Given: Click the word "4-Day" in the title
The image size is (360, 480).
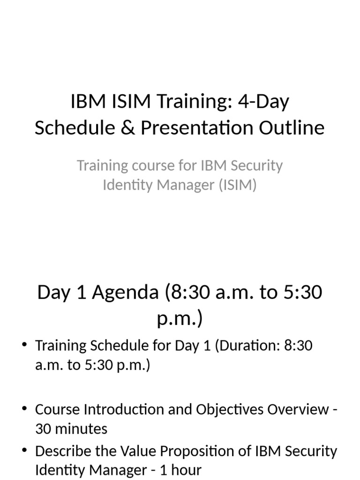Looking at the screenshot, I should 264,102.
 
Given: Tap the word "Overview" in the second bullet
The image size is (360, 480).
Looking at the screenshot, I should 298,410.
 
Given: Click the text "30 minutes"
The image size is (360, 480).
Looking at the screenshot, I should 71,429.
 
